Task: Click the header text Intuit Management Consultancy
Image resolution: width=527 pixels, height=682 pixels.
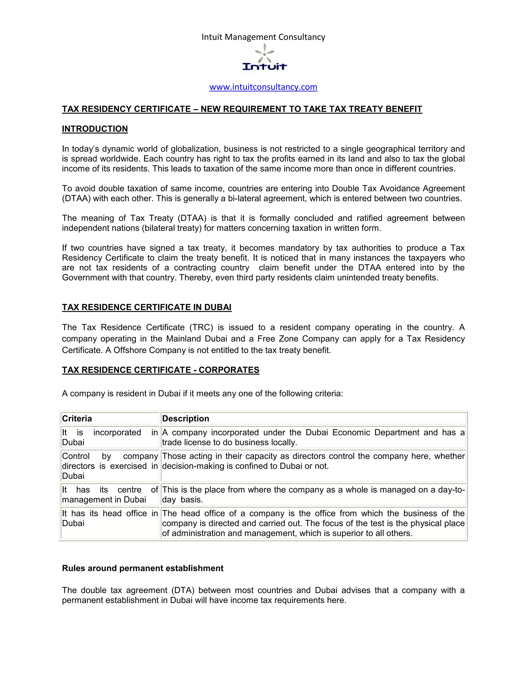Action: tap(263, 37)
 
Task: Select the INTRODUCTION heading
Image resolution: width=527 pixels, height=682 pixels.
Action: tap(95, 129)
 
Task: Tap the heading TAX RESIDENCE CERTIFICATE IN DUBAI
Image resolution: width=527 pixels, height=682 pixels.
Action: tap(147, 307)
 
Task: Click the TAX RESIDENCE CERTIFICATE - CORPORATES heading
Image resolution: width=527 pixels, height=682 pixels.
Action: tap(161, 370)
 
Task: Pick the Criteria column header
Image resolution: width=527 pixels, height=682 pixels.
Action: tap(77, 418)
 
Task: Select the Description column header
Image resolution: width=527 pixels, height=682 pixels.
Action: tap(186, 418)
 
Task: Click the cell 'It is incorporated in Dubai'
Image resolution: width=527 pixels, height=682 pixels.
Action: tap(110, 437)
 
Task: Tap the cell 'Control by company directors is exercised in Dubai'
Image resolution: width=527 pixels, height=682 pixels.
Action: tap(110, 466)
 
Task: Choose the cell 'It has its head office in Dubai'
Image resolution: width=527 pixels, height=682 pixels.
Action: tap(110, 518)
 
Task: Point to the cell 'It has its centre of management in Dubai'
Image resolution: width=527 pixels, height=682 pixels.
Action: tap(110, 495)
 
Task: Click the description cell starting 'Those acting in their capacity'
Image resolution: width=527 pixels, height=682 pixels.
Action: tap(313, 461)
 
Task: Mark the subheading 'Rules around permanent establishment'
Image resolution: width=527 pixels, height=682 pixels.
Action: tap(143, 568)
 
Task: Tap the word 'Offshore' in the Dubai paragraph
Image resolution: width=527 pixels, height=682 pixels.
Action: tap(130, 350)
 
